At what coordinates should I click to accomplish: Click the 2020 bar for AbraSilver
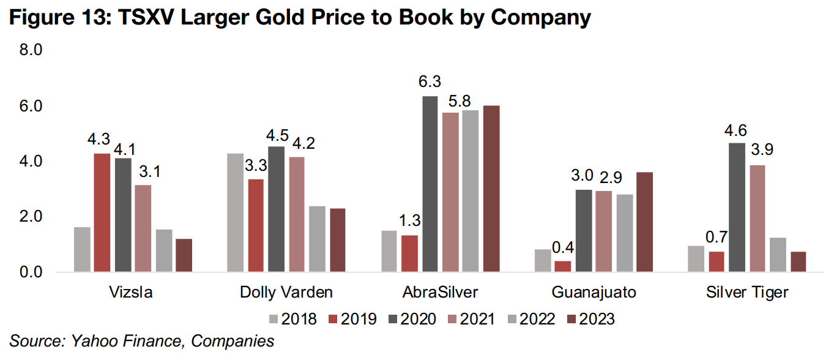430,184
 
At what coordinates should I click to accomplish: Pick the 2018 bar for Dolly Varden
235,212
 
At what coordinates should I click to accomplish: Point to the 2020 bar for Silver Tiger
737,207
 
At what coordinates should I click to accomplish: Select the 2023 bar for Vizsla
184,255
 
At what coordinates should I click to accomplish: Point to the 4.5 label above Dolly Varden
277,132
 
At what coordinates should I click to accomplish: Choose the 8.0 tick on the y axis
30,50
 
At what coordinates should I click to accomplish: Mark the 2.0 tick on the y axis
30,217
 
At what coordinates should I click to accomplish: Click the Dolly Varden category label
286,293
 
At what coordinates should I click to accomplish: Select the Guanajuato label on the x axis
594,293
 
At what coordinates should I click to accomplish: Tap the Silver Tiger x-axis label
747,293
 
